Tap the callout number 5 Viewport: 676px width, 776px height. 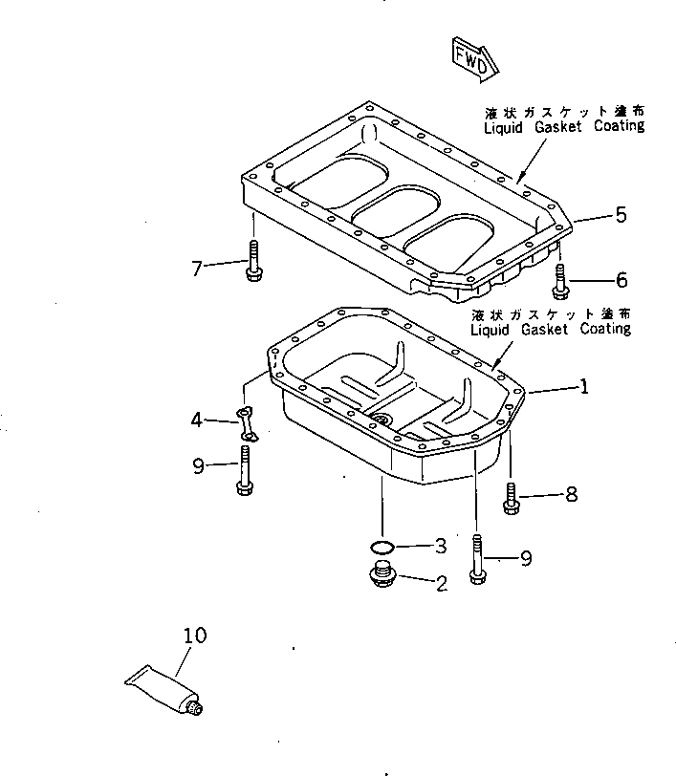621,215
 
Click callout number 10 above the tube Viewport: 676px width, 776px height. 193,636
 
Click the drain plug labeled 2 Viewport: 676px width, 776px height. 382,578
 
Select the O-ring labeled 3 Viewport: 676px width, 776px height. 382,547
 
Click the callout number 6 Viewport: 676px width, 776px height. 621,280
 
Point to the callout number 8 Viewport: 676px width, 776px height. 572,495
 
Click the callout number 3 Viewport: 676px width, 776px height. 440,547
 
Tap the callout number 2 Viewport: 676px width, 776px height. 441,582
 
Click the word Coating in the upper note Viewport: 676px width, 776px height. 612,125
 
